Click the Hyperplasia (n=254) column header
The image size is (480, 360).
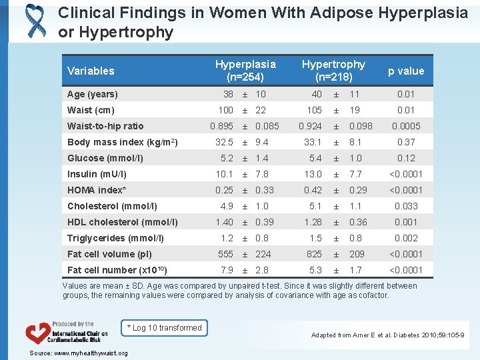pyautogui.click(x=245, y=71)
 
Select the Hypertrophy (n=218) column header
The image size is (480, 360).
pyautogui.click(x=333, y=71)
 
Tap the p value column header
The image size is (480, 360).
pyautogui.click(x=405, y=71)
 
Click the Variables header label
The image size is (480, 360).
pyautogui.click(x=91, y=71)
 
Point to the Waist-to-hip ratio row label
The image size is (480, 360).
pyautogui.click(x=105, y=126)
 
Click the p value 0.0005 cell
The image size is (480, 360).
pyautogui.click(x=405, y=126)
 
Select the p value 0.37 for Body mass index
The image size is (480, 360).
pyautogui.click(x=405, y=142)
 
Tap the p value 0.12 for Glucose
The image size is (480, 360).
pyautogui.click(x=405, y=158)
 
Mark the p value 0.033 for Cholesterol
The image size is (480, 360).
pyautogui.click(x=405, y=206)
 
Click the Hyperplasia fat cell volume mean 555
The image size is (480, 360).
pyautogui.click(x=225, y=254)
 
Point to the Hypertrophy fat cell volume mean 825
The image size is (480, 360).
pyautogui.click(x=314, y=254)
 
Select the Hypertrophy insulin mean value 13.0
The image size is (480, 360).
pyautogui.click(x=314, y=174)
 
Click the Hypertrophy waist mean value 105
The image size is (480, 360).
pyautogui.click(x=314, y=110)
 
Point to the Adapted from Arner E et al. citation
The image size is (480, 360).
pyautogui.click(x=387, y=335)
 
